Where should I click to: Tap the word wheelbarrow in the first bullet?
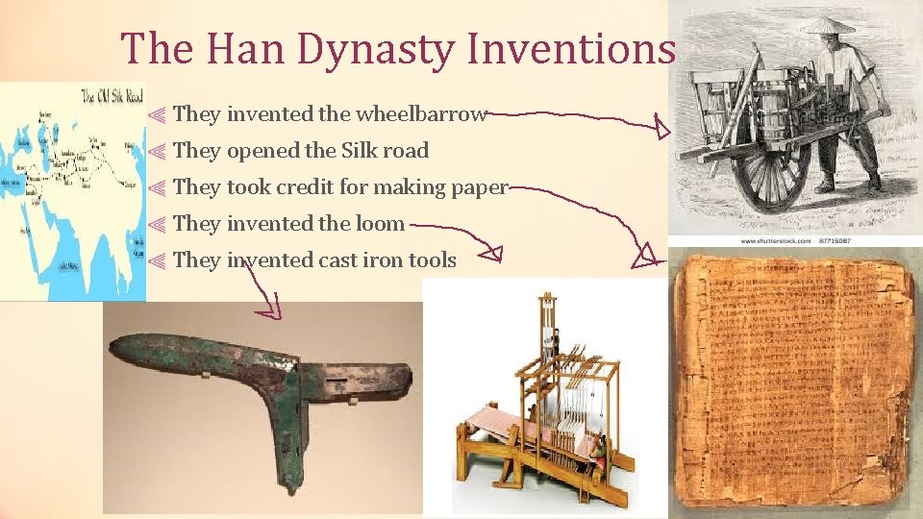click(422, 114)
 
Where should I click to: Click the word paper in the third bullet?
click(478, 187)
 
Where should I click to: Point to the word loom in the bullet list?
click(380, 224)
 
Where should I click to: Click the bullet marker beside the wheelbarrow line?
click(159, 115)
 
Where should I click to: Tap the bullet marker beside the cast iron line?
click(159, 260)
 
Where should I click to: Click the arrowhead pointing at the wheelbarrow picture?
click(663, 126)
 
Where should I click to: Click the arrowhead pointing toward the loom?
click(492, 254)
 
